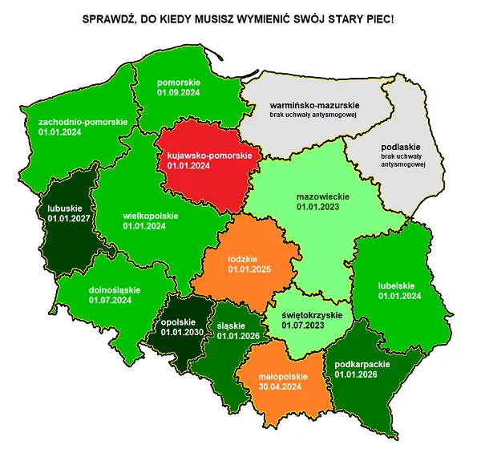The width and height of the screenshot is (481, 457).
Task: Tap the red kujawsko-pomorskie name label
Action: [209, 155]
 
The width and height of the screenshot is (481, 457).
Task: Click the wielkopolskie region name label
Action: [151, 216]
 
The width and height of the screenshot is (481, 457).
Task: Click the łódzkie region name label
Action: [242, 259]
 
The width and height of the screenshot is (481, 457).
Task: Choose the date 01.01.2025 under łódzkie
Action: [250, 269]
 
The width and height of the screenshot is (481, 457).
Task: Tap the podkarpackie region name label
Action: [362, 363]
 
